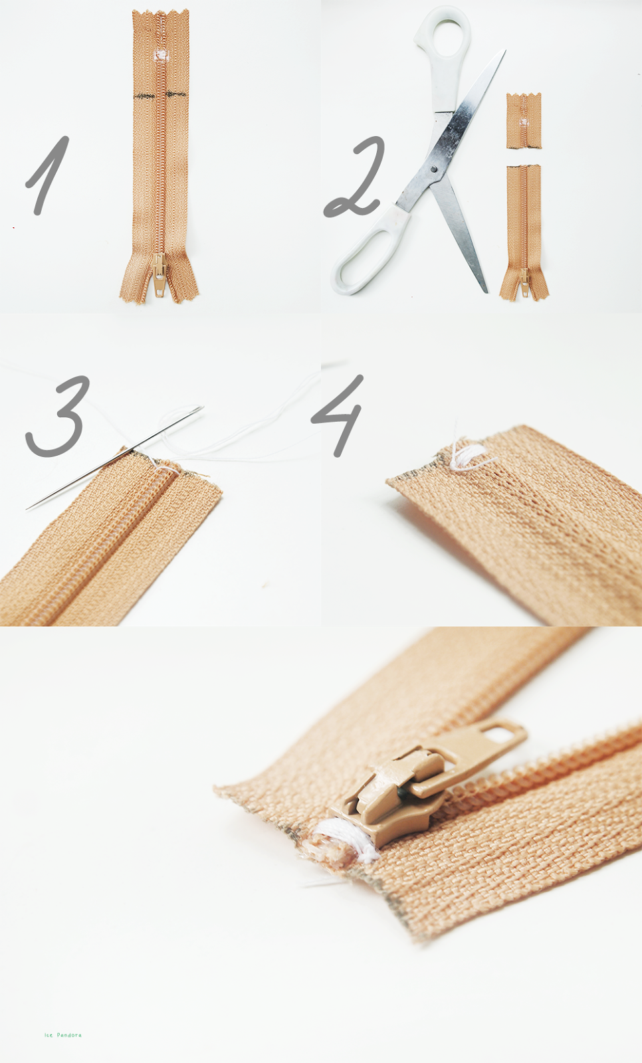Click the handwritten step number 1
[x=48, y=175]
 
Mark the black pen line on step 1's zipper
[x=160, y=96]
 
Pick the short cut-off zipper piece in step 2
[x=524, y=120]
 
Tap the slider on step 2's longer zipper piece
[x=524, y=283]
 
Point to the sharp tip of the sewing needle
[x=28, y=509]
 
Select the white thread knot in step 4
[x=469, y=457]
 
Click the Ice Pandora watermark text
[x=63, y=1035]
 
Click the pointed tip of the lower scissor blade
[x=485, y=290]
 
